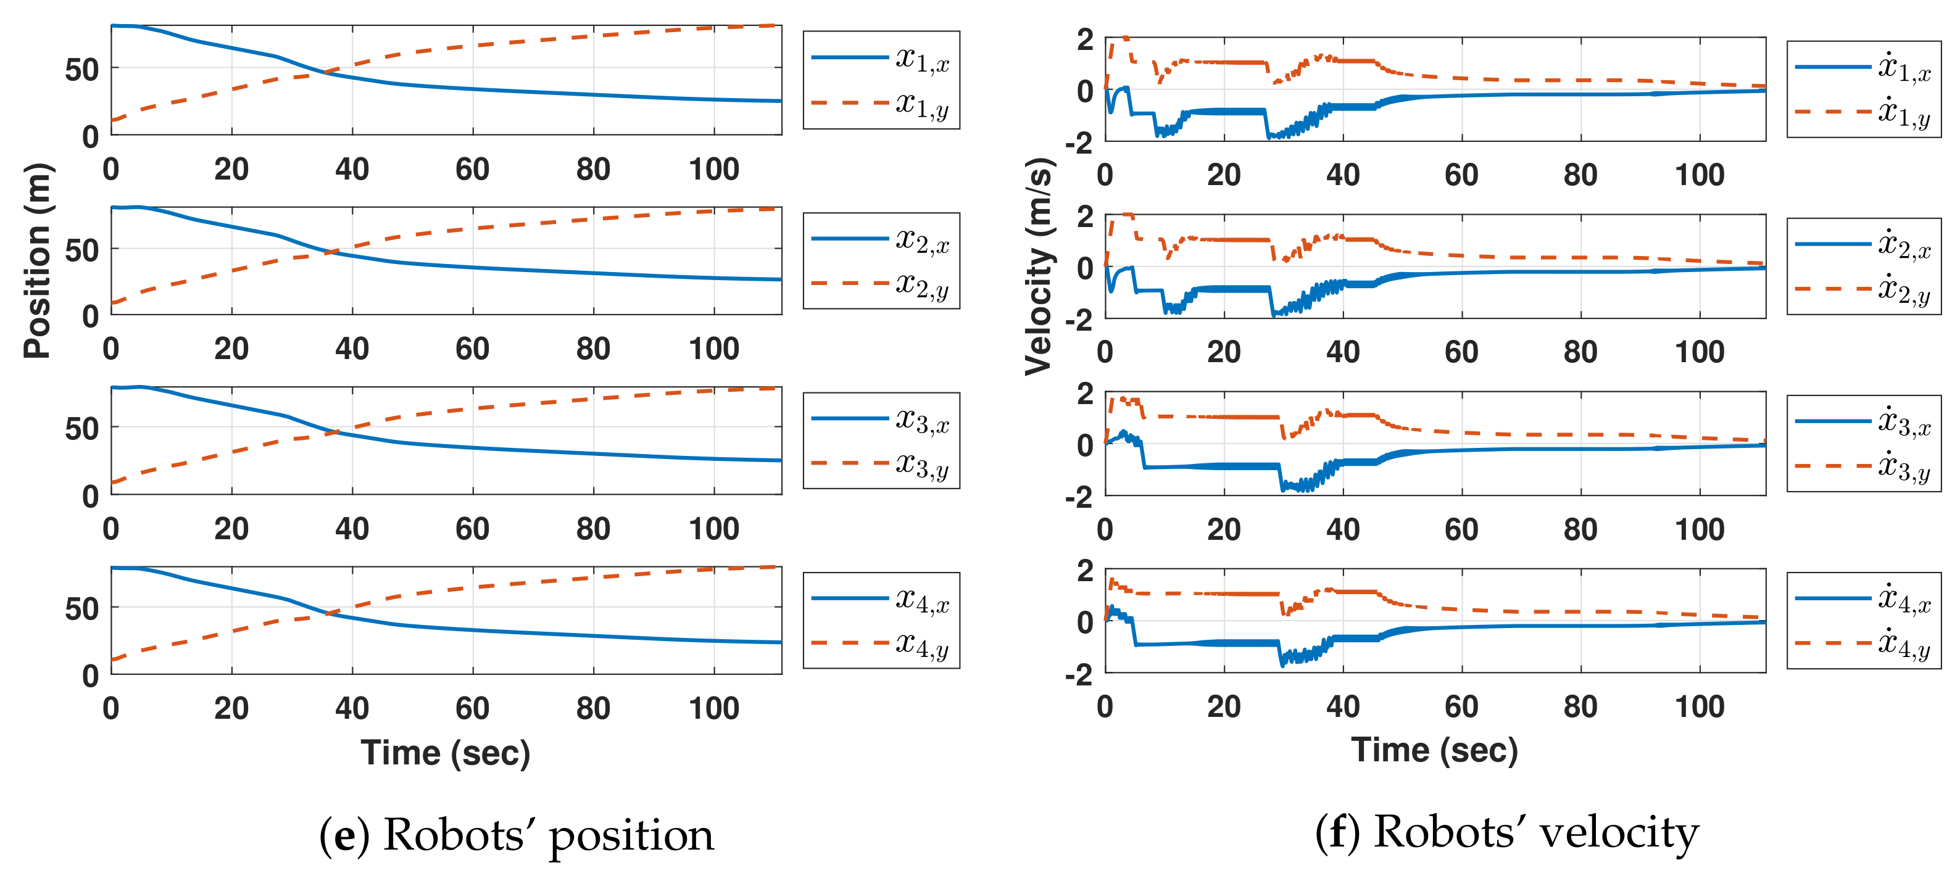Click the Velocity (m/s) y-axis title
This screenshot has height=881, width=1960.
(x=1038, y=267)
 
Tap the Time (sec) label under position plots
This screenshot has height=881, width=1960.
(x=445, y=753)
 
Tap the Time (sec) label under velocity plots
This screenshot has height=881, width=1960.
(x=1434, y=750)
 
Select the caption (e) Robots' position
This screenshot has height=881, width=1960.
(x=517, y=835)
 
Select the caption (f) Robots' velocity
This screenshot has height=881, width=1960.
(x=1506, y=832)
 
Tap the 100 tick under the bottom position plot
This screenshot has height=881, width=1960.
(x=713, y=708)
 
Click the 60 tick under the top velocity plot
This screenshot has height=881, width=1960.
(x=1461, y=175)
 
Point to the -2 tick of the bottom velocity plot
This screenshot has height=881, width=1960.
(x=1079, y=675)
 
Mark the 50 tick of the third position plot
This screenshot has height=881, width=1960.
(x=82, y=429)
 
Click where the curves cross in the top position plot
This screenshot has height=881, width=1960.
(x=326, y=72)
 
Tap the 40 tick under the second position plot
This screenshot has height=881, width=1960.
(x=352, y=349)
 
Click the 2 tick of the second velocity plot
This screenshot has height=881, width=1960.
(x=1085, y=216)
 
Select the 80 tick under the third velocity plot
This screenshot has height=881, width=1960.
(x=1580, y=529)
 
